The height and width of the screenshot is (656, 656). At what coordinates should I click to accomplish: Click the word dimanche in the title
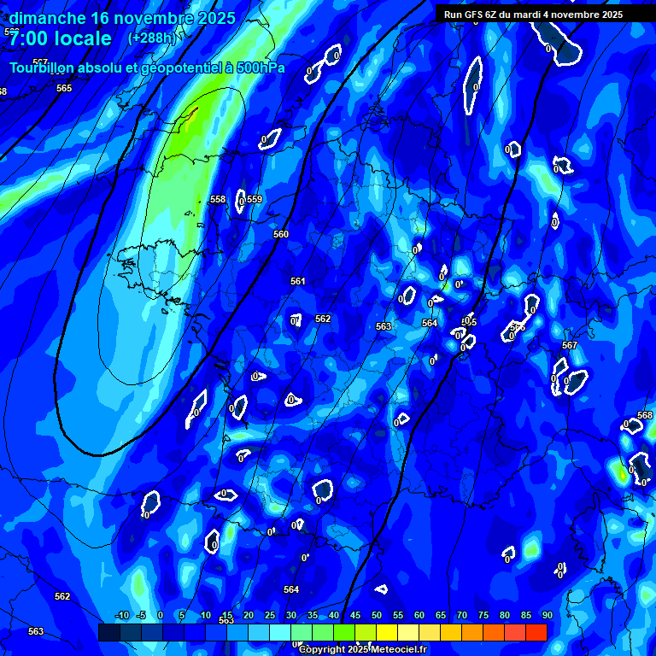(x=46, y=18)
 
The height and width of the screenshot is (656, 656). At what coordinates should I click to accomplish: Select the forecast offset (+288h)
(x=151, y=38)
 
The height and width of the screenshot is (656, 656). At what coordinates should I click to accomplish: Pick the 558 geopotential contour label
(x=218, y=200)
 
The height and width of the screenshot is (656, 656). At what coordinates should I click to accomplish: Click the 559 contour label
(x=255, y=200)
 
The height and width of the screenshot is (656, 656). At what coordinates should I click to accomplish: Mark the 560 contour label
(x=281, y=234)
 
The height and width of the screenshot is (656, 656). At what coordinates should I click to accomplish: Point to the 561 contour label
(x=297, y=281)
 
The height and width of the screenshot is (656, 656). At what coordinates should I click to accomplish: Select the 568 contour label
(x=645, y=415)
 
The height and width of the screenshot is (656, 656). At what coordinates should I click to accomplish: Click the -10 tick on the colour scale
(x=122, y=616)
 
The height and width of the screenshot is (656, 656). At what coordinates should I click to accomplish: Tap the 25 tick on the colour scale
(x=270, y=616)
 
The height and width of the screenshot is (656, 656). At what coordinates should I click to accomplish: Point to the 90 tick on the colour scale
(x=547, y=616)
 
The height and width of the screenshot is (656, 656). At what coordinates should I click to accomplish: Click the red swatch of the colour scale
(x=536, y=632)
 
